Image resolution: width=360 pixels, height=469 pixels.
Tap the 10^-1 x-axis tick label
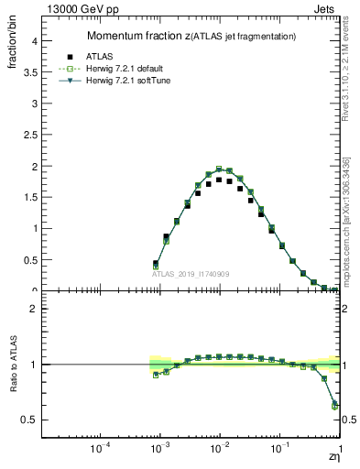(x=279, y=450)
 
